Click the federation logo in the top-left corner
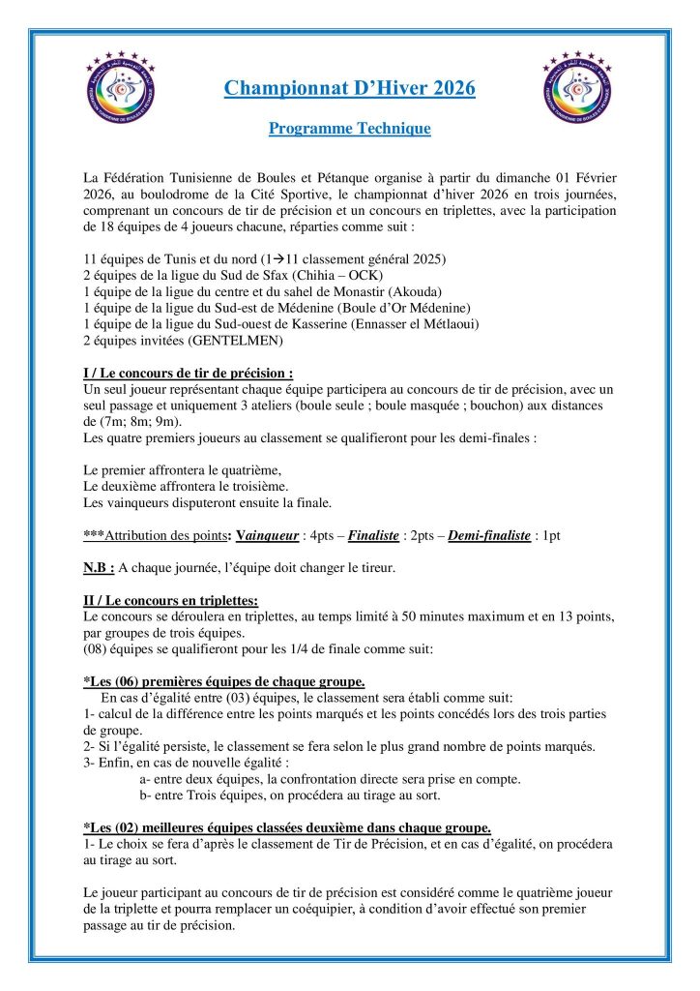(124, 89)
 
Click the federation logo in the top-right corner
(578, 89)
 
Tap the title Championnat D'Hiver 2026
(349, 89)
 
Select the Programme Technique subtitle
(349, 128)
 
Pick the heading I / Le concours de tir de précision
(189, 373)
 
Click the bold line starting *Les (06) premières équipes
(224, 681)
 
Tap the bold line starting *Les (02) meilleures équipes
(287, 826)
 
